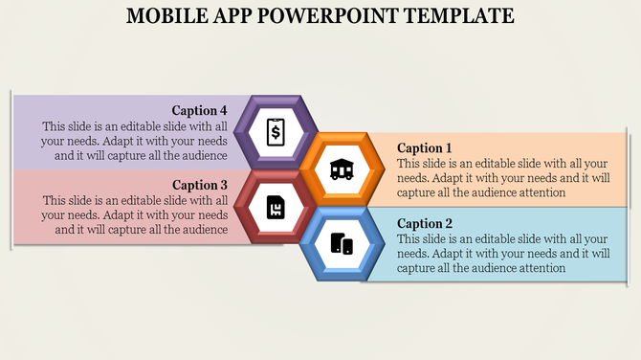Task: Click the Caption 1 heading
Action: (x=425, y=147)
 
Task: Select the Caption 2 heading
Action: (x=425, y=223)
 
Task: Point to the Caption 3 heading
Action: (x=200, y=185)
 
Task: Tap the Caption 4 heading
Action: (x=200, y=110)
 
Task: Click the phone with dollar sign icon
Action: (x=276, y=131)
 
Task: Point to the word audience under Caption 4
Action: (x=203, y=155)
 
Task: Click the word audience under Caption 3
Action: (x=203, y=230)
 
